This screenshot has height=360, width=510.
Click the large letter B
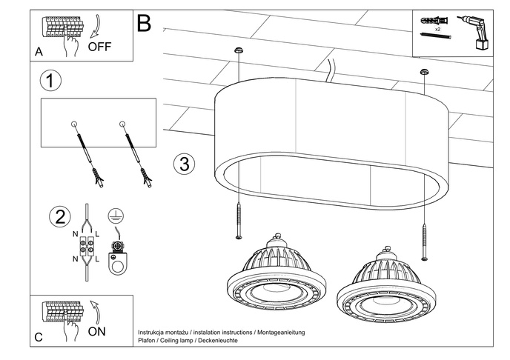click(x=144, y=24)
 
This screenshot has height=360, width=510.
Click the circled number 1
click(x=50, y=81)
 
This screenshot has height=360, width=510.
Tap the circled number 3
click(x=185, y=164)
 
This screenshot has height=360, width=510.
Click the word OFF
click(x=100, y=46)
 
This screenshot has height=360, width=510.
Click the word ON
click(x=96, y=331)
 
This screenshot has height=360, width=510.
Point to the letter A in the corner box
click(x=39, y=52)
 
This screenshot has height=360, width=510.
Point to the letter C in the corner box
click(x=39, y=338)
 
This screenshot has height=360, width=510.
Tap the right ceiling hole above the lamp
click(x=424, y=71)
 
